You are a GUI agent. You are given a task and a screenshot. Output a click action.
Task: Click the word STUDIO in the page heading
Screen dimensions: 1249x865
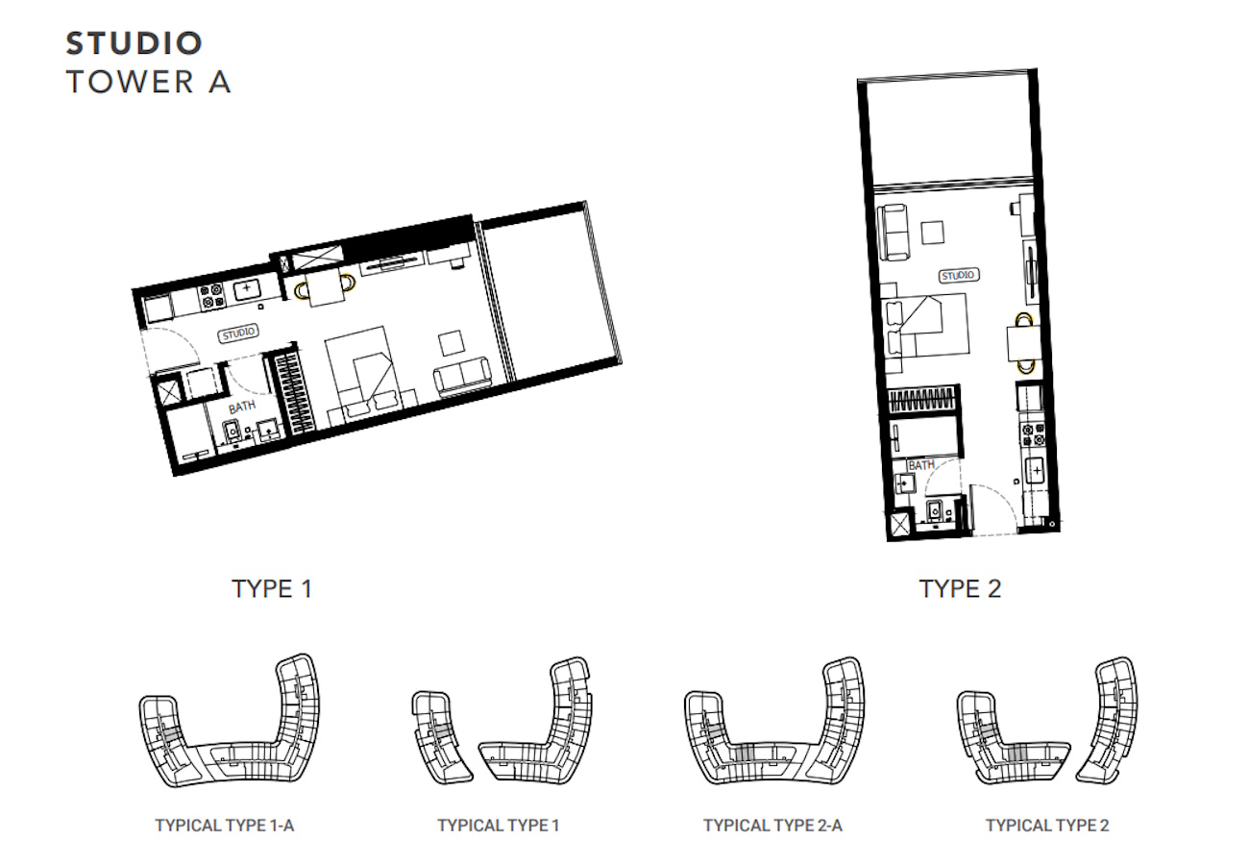tap(134, 43)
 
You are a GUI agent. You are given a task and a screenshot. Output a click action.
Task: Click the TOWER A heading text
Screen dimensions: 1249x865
tap(148, 82)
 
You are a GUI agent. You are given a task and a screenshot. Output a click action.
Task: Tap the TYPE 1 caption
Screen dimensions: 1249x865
tap(272, 589)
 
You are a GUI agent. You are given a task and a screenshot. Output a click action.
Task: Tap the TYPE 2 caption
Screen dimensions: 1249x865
tap(960, 589)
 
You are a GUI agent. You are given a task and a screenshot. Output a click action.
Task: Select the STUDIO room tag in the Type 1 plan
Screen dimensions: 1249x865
tap(238, 334)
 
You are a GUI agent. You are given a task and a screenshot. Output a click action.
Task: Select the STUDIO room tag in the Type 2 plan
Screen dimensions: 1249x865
tap(958, 276)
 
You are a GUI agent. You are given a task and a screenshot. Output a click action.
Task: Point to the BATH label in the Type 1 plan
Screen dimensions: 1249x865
tap(242, 408)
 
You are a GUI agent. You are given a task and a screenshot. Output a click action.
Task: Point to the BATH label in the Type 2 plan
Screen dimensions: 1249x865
tap(921, 465)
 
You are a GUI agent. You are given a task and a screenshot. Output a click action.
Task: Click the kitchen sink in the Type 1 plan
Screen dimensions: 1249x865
tap(247, 289)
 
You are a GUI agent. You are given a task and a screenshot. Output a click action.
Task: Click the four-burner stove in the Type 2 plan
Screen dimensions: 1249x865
tap(1033, 435)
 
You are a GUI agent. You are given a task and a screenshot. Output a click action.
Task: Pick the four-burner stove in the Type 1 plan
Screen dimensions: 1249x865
tap(212, 296)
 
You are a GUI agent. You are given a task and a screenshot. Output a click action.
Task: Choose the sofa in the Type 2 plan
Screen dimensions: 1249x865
tap(894, 233)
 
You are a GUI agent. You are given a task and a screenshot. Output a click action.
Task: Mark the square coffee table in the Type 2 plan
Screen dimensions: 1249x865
tap(932, 233)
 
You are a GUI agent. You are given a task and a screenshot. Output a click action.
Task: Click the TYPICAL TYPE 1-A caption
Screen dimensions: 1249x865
tap(225, 826)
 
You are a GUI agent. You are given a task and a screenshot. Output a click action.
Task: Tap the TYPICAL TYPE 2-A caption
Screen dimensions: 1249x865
tap(772, 826)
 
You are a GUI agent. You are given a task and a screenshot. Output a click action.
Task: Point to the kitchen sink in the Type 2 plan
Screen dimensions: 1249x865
tap(1036, 471)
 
